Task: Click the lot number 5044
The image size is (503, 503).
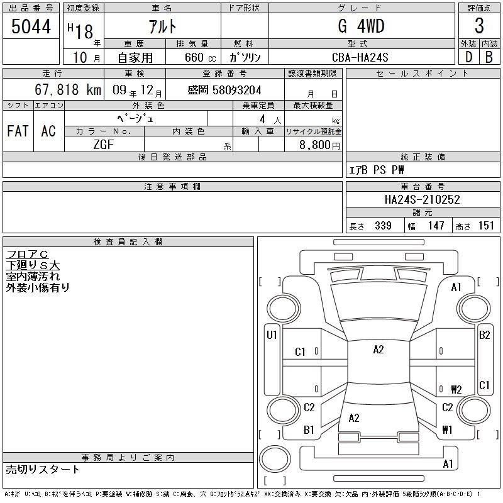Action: [x=31, y=26]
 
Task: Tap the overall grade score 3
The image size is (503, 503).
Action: [x=479, y=26]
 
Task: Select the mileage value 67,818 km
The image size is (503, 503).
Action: [x=68, y=89]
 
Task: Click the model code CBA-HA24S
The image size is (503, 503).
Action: [x=360, y=57]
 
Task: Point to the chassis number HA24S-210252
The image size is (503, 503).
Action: [x=422, y=199]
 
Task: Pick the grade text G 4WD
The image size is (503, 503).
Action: [x=361, y=26]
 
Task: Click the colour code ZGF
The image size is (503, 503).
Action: [x=104, y=145]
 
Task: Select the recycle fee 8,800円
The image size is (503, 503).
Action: [x=319, y=145]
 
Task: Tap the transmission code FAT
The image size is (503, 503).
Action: [x=18, y=131]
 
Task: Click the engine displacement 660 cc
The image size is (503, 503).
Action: [x=200, y=57]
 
